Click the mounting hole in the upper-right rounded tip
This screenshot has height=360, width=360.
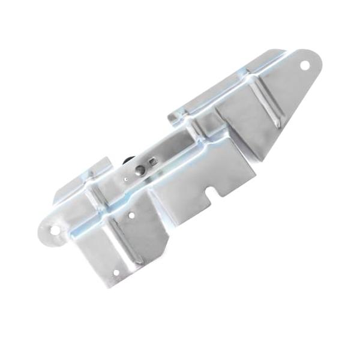tap(304, 64)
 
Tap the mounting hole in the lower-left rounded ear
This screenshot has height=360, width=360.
tap(54, 229)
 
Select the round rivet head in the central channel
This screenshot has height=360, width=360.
tap(139, 170)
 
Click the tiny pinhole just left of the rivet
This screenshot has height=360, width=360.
tap(126, 178)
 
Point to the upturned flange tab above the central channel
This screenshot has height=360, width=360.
tap(180, 114)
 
